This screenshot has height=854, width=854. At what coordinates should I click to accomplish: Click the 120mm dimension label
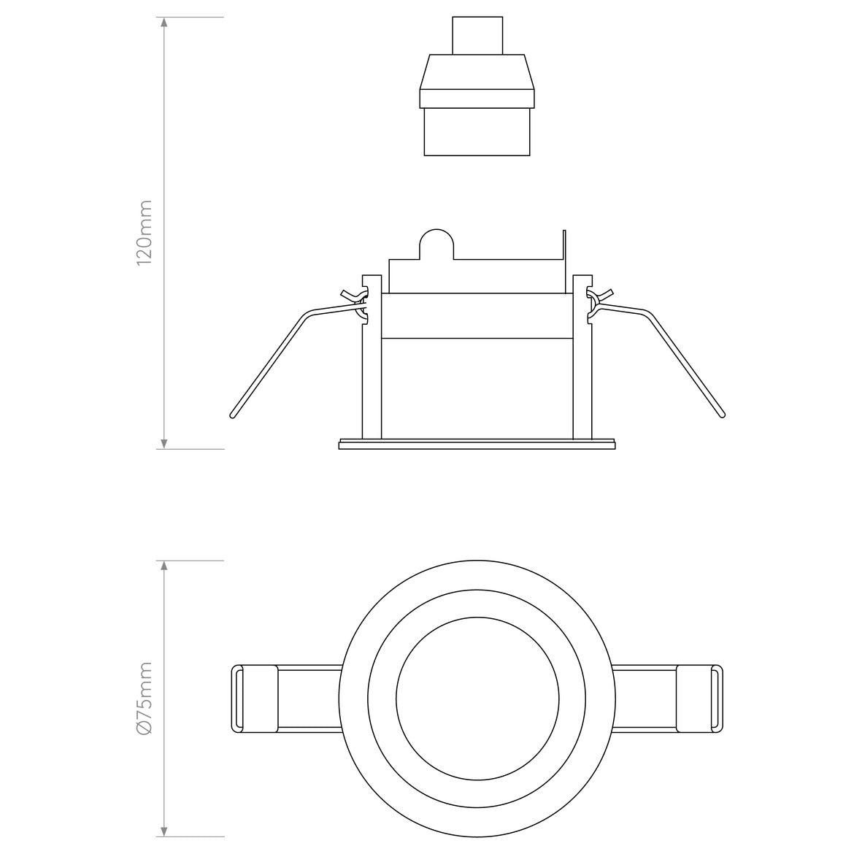[x=145, y=232]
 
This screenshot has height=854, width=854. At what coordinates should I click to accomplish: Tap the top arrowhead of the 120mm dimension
[x=164, y=23]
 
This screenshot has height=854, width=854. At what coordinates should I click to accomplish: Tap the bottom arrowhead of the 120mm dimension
[x=164, y=443]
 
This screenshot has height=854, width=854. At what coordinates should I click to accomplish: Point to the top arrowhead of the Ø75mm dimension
[x=164, y=566]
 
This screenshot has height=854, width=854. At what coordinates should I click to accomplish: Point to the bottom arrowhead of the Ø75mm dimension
[x=164, y=831]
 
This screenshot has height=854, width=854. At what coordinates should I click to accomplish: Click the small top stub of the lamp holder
[x=477, y=36]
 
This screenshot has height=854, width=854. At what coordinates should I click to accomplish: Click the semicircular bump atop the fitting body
[x=435, y=244]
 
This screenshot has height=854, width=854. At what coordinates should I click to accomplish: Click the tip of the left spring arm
[x=233, y=415]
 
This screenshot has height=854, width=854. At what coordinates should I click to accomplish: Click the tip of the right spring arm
[x=722, y=415]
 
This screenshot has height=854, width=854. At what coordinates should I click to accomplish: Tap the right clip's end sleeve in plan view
[x=699, y=699]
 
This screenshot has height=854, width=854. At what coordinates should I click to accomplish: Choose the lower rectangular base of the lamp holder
[x=477, y=132]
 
